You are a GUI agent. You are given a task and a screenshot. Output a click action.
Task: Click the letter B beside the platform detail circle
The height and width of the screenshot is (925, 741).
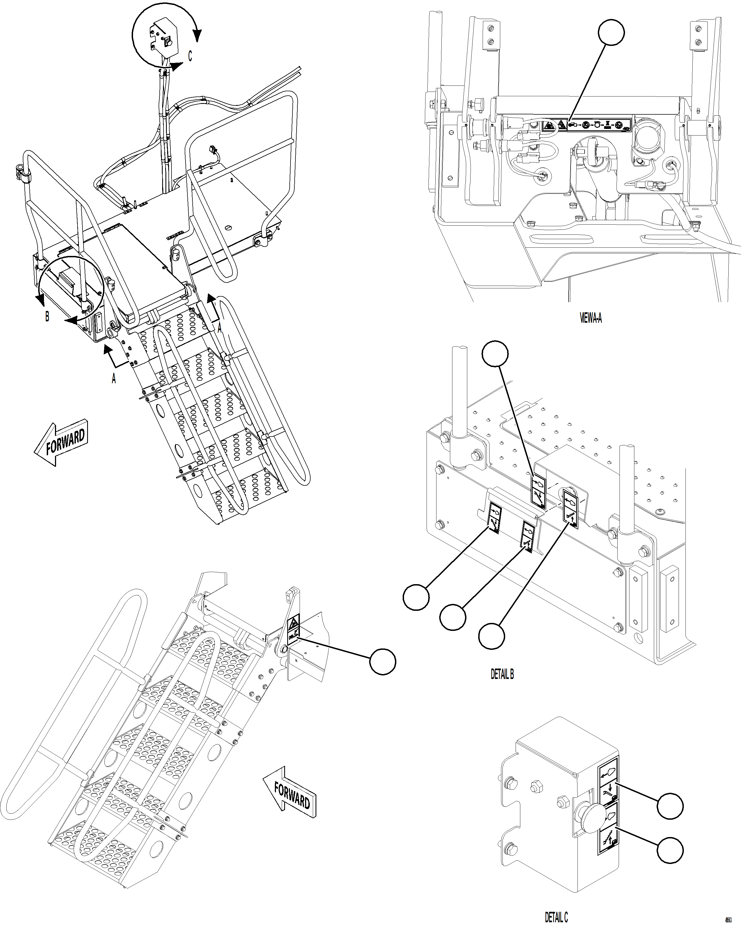(47, 317)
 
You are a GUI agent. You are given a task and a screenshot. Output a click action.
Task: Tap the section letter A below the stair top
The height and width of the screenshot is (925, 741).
(114, 379)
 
